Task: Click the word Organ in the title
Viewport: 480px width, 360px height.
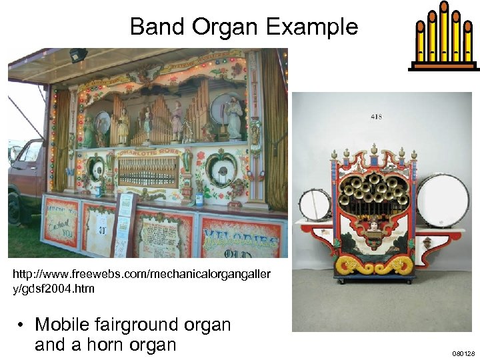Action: point(228,27)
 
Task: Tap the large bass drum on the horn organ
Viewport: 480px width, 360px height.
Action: point(443,201)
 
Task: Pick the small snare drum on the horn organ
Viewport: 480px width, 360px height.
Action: point(315,205)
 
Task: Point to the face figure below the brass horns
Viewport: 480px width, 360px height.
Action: point(374,227)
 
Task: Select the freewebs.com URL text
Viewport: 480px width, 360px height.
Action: point(139,281)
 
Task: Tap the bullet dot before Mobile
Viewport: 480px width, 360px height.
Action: point(22,325)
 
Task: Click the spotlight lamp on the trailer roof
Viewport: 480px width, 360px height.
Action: point(78,55)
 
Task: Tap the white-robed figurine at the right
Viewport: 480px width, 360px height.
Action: point(234,117)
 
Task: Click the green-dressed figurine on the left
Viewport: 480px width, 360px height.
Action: point(88,131)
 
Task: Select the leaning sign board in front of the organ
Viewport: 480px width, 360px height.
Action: point(123,223)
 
